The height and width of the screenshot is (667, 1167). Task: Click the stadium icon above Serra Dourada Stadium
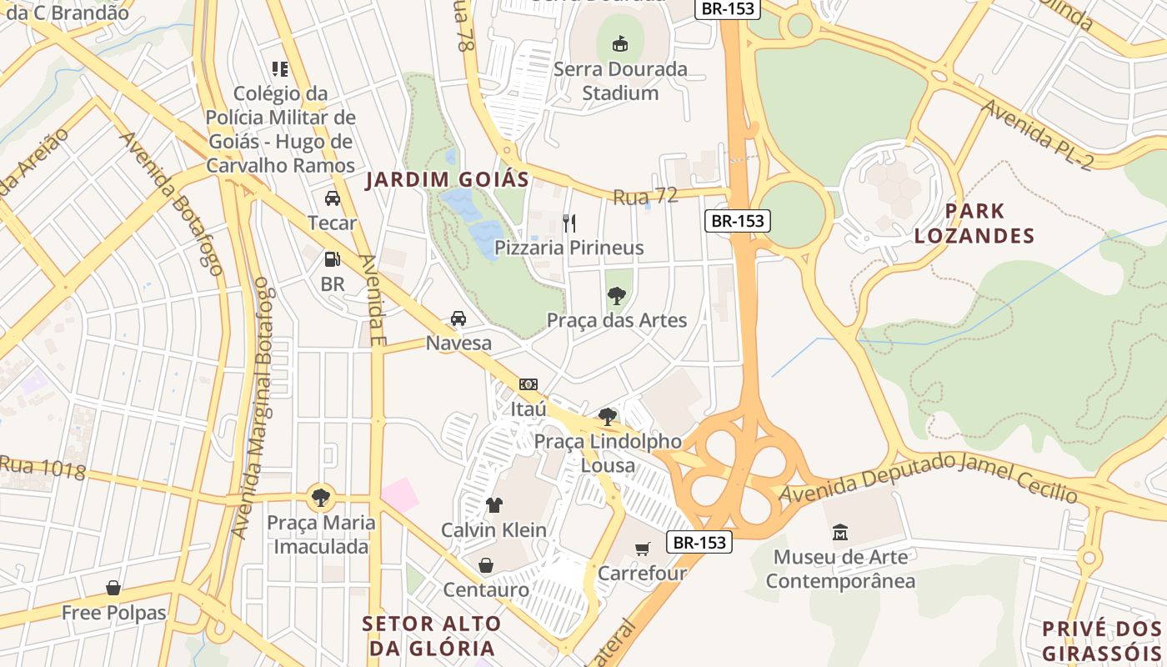tap(619, 43)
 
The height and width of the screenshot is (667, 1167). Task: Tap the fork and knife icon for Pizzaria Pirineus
tap(569, 223)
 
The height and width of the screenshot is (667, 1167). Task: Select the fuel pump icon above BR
tap(332, 259)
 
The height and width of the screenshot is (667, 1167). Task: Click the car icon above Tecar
tap(332, 198)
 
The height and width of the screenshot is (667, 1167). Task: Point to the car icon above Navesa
tap(458, 318)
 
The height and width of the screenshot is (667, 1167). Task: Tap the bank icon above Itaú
tap(528, 384)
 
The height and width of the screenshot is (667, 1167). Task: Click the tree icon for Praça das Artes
tap(617, 295)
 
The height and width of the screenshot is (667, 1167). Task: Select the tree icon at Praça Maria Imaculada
tap(320, 498)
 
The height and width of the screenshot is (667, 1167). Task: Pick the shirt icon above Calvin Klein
tap(493, 505)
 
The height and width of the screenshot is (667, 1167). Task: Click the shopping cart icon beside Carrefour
tap(642, 549)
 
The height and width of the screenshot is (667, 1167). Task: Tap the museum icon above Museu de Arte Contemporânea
tap(840, 532)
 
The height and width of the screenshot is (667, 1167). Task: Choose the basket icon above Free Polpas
tap(113, 588)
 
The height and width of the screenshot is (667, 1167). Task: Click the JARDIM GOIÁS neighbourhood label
tap(447, 179)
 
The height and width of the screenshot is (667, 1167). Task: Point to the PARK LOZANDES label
tap(974, 223)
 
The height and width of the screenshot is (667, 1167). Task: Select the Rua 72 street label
tap(645, 197)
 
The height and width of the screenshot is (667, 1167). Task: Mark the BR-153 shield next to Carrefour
tap(700, 542)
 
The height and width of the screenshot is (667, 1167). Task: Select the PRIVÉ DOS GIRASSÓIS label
tap(1102, 640)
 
